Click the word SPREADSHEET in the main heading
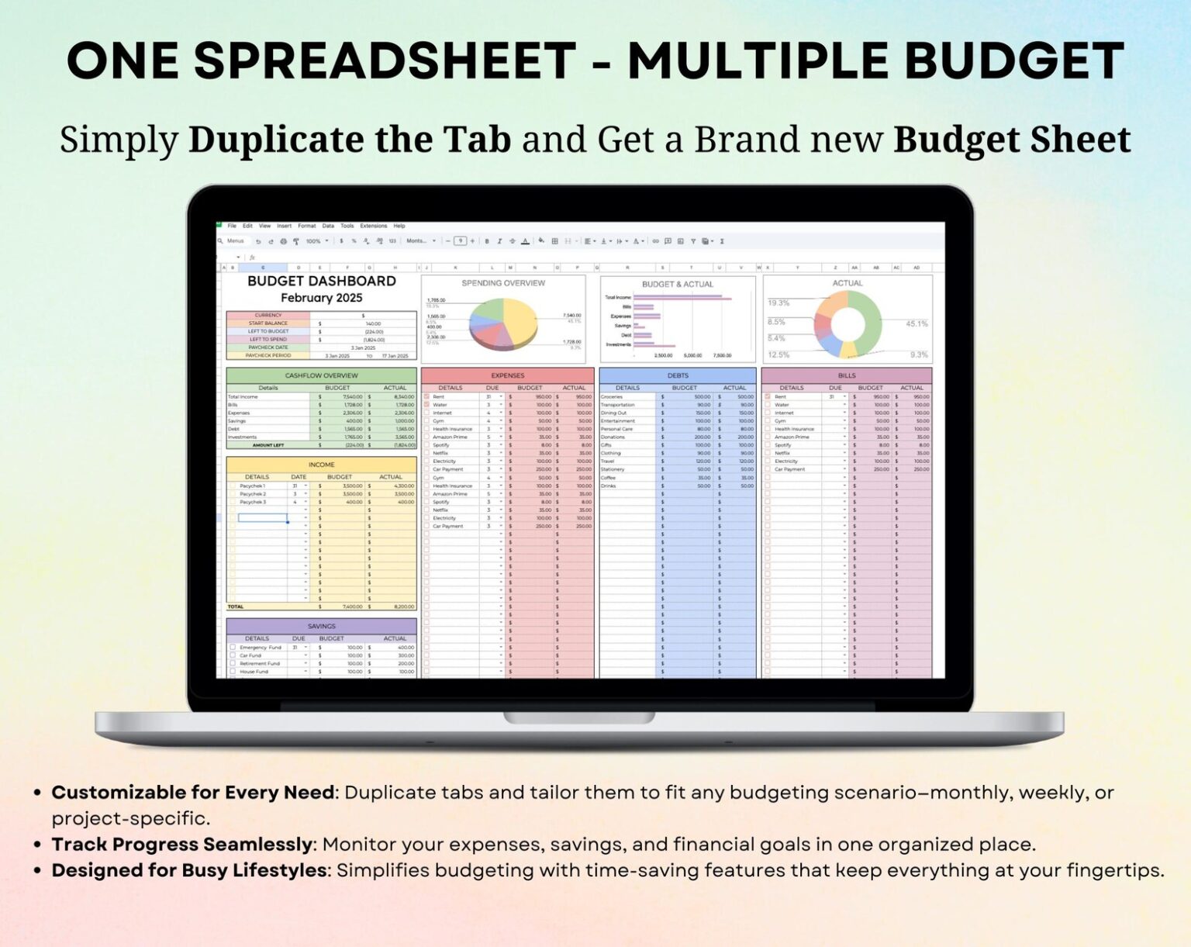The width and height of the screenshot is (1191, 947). pos(385,60)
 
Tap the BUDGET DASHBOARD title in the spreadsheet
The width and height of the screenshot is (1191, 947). pos(321,281)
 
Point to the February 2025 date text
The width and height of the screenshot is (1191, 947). pos(321,298)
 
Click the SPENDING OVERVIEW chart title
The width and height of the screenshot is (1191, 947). pos(503,283)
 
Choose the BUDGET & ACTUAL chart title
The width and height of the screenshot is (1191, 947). pos(677,284)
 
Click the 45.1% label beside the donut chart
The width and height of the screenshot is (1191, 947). pos(916,323)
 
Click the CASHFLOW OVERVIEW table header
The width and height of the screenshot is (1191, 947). pos(321,375)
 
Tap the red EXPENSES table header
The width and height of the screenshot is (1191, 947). pos(507,375)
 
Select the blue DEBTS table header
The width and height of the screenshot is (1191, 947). pos(677,375)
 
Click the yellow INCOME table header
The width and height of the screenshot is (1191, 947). pos(321,465)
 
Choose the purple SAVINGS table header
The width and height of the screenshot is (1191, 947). pos(321,626)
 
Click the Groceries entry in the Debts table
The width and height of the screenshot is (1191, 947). pos(612,396)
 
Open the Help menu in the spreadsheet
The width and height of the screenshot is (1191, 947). pos(399,226)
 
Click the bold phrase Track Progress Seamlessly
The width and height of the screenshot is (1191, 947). pos(181,844)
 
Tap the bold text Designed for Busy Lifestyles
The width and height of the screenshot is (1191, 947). pos(188,870)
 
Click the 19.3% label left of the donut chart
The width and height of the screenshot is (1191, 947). pos(778,302)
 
